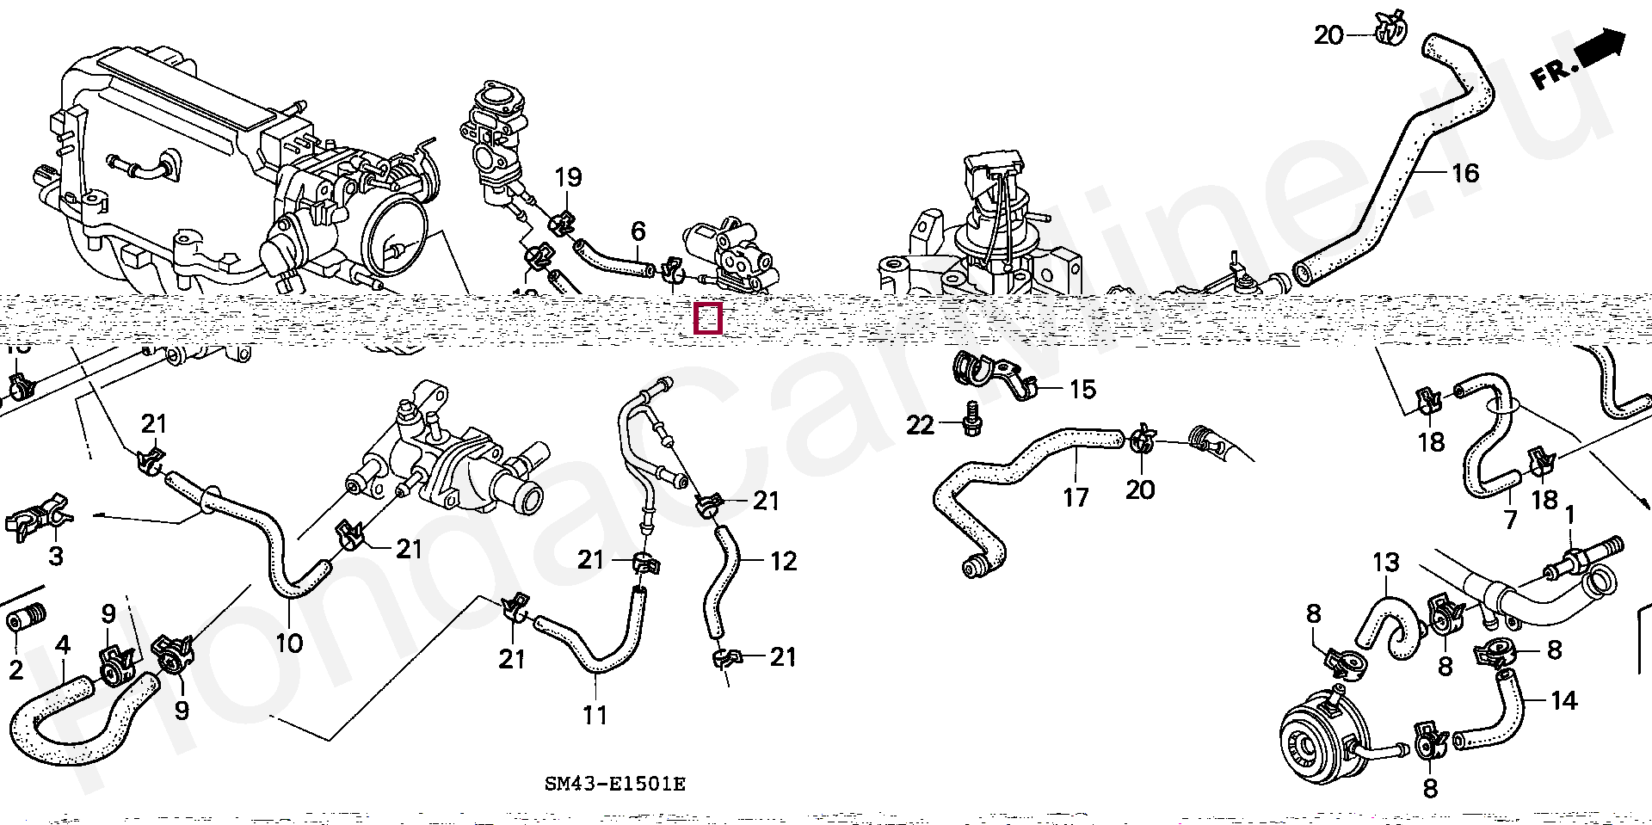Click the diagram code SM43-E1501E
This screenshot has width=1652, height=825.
615,784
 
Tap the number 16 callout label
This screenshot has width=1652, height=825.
1464,174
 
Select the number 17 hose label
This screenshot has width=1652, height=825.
1076,496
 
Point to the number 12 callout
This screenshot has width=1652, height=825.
783,562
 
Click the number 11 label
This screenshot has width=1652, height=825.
595,714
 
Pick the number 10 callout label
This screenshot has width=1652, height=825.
289,643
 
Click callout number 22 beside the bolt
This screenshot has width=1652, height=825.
920,425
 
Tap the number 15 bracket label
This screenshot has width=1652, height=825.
1082,390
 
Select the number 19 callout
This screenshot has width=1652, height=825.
568,178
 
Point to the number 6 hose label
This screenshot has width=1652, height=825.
638,231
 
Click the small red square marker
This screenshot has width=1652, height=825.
707,318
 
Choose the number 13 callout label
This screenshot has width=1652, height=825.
1386,563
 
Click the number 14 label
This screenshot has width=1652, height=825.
1563,701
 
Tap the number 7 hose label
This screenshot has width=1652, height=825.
1509,519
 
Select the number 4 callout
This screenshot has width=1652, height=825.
63,644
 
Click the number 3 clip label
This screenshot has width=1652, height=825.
56,556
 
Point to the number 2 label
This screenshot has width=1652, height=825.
16,669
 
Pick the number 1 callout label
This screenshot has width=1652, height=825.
1569,515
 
